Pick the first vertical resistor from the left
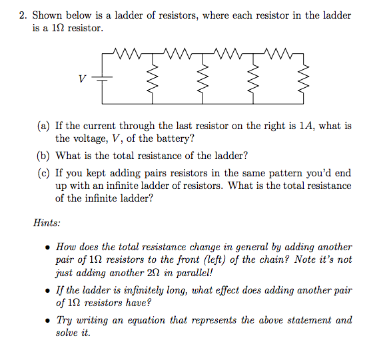coord(154,79)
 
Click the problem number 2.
coord(21,15)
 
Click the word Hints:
coord(47,223)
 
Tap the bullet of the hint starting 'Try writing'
coord(47,320)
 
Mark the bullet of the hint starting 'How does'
coord(47,247)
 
